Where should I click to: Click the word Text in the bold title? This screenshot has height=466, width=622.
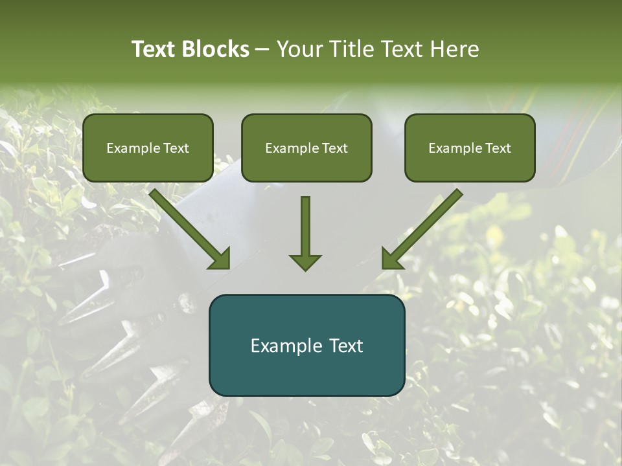click(154, 49)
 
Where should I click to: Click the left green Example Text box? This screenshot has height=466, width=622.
click(148, 148)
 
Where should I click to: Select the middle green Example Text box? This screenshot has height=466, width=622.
click(306, 148)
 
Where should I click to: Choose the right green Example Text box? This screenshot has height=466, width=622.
click(470, 148)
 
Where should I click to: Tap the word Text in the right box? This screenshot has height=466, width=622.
click(498, 148)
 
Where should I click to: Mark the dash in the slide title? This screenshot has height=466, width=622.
click(262, 50)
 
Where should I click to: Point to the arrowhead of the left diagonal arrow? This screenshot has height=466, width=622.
click(220, 258)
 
